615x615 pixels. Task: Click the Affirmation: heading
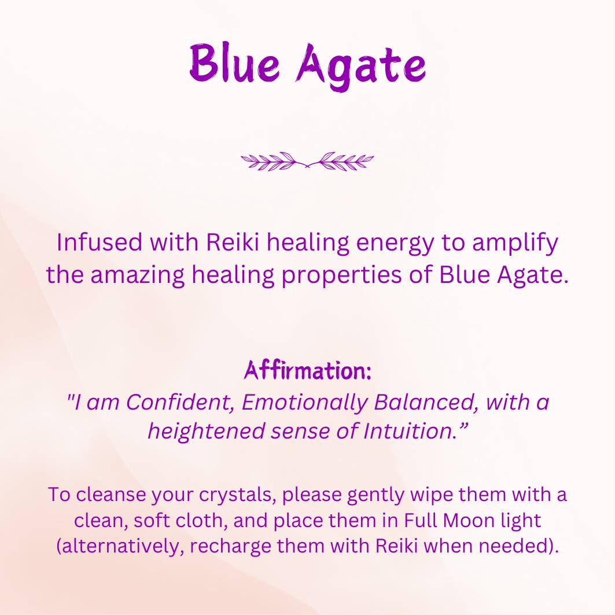pos(307,370)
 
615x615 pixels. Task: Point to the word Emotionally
pos(304,403)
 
